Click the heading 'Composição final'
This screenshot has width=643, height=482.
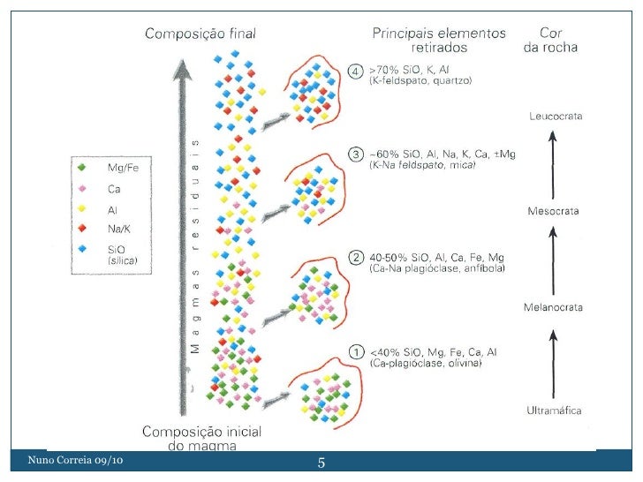click(200, 34)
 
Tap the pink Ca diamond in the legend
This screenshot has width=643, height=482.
click(80, 188)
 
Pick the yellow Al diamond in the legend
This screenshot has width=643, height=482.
click(80, 208)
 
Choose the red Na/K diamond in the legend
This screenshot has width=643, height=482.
click(80, 229)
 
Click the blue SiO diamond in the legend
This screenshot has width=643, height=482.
click(80, 249)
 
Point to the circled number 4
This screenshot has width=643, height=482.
click(356, 70)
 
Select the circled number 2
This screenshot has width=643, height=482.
click(356, 258)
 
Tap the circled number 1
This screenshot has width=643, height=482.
click(356, 351)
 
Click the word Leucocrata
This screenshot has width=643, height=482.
click(555, 116)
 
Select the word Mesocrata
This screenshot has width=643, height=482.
click(554, 212)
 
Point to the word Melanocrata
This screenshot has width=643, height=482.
click(554, 307)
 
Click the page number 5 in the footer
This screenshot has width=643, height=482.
click(321, 464)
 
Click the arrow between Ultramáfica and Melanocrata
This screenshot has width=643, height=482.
click(554, 359)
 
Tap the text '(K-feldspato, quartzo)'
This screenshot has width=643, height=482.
click(420, 80)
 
